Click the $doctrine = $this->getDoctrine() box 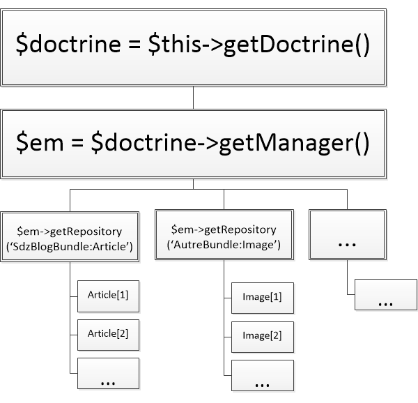coord(193,46)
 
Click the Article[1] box coord(108,296)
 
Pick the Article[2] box coord(108,334)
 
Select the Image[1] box coord(262,297)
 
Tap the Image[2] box coord(262,335)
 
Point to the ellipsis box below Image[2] coord(262,377)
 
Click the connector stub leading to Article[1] coord(74,296)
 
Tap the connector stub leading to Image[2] coord(228,335)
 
